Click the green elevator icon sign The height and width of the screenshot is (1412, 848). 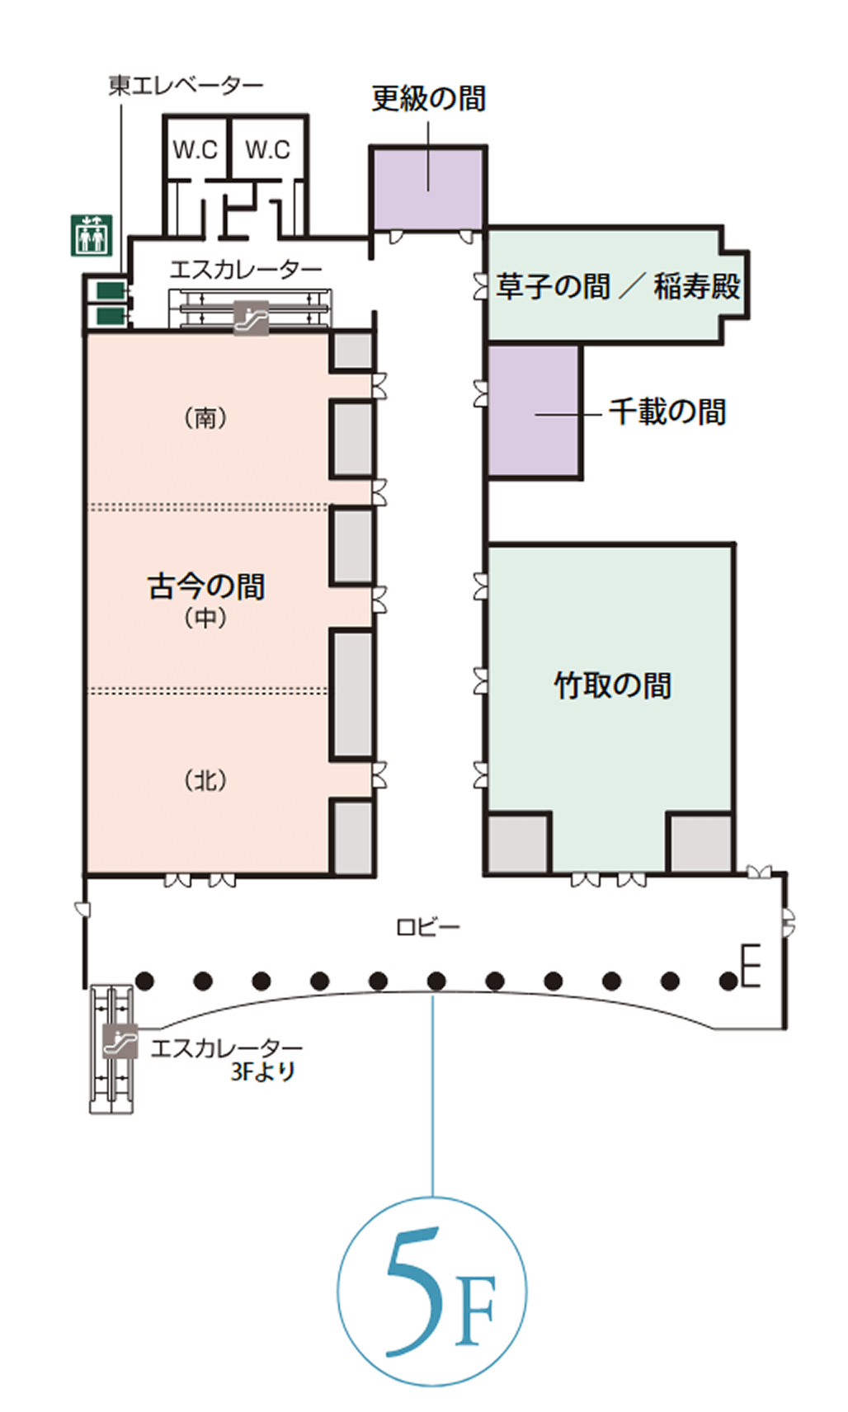(x=92, y=235)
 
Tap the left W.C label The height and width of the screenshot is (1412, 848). (x=196, y=150)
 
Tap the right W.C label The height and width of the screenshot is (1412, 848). (x=268, y=150)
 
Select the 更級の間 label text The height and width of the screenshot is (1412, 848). (x=428, y=98)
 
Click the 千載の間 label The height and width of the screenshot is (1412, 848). (x=667, y=412)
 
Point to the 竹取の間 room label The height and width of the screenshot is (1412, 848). (x=612, y=685)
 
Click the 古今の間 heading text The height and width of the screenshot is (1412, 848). (x=206, y=586)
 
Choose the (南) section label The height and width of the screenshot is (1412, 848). (x=205, y=418)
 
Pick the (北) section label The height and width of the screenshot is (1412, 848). (x=205, y=781)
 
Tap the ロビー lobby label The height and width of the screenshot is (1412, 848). (x=428, y=927)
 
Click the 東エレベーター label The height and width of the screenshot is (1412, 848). (x=186, y=85)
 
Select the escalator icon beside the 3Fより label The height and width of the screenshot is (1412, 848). (x=120, y=1041)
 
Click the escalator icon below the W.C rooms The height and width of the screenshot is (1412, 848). (x=251, y=317)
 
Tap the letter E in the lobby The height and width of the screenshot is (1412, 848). (x=751, y=965)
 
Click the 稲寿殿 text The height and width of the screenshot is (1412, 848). (x=697, y=286)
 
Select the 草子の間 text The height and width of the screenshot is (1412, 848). (x=553, y=286)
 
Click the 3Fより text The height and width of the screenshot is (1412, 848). (x=262, y=1071)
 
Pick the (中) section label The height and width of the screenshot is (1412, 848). (x=205, y=618)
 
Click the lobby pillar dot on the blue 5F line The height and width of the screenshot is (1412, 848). (x=436, y=981)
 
